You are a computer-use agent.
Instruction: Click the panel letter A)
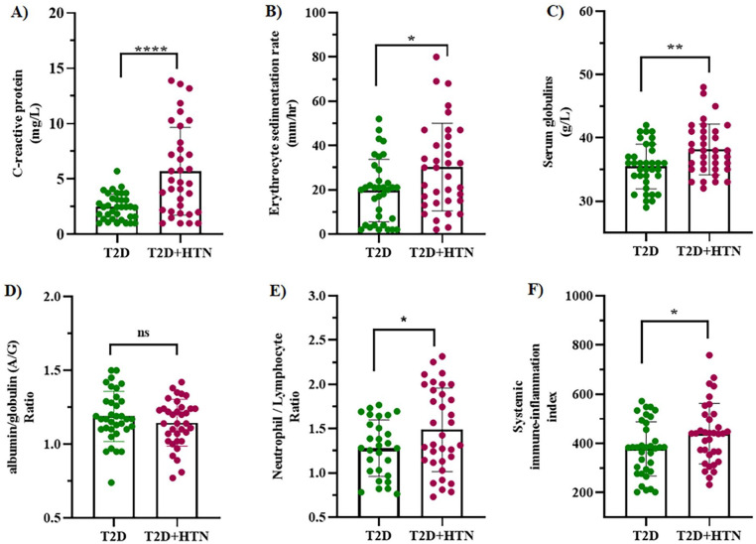16,13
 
